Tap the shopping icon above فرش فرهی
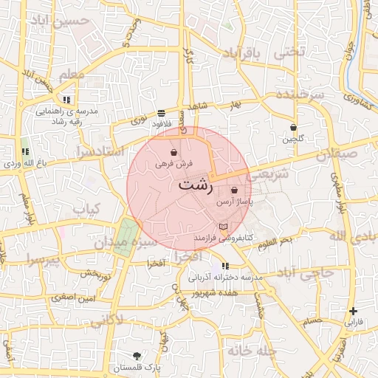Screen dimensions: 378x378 pos(173,152)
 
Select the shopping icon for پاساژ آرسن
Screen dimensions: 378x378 pos(234,190)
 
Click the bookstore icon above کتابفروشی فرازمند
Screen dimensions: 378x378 pos(224,227)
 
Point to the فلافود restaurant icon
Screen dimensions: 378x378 pos(161,113)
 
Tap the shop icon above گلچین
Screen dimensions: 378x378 pos(293,127)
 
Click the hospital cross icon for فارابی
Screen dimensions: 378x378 pos(354,311)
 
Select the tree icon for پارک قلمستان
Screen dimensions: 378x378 pos(137,356)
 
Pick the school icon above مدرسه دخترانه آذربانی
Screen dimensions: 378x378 pos(225,266)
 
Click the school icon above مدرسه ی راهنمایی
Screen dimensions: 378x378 pos(66,99)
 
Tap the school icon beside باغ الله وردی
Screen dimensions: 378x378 pos(26,151)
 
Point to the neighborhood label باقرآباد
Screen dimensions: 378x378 pos(243,53)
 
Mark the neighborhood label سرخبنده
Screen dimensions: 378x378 pos(300,95)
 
